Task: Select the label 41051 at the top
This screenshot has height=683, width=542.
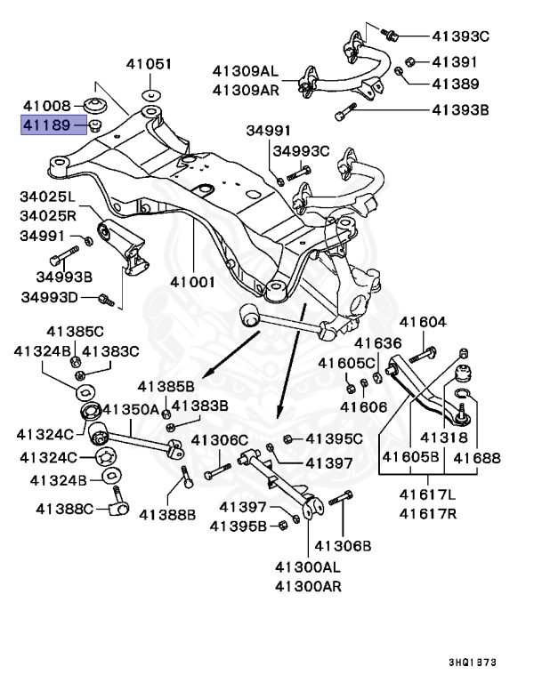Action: coord(149,64)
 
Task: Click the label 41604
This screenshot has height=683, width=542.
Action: coord(422,322)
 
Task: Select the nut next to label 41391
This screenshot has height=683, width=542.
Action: coord(411,61)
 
